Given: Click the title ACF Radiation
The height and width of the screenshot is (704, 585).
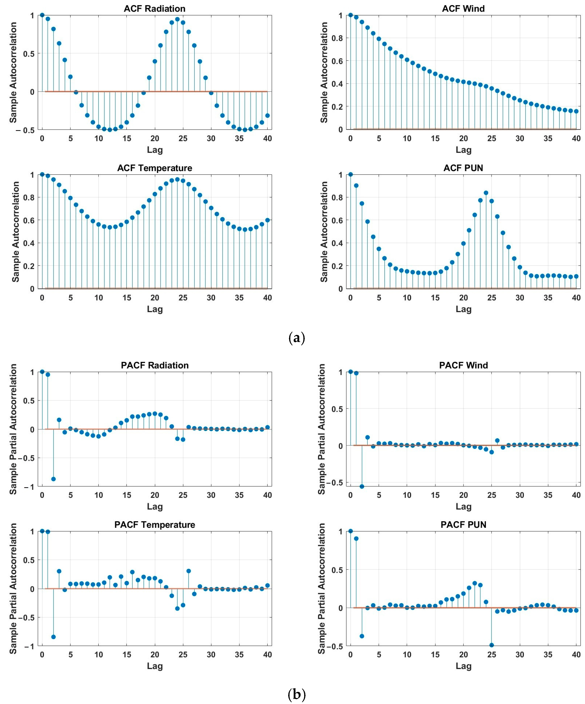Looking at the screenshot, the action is [154, 9].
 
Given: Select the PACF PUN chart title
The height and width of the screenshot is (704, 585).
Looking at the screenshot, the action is [463, 525].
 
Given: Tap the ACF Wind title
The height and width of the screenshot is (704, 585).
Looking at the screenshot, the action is [463, 9].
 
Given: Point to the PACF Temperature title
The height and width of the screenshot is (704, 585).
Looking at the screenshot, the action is [154, 525].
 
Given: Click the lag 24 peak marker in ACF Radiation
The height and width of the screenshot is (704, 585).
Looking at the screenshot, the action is [177, 19].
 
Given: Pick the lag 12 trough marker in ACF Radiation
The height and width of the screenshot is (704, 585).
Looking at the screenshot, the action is [110, 130].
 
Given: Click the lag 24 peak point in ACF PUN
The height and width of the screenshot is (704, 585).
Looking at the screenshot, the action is [486, 193].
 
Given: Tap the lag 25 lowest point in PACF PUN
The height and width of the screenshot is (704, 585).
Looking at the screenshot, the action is [492, 645].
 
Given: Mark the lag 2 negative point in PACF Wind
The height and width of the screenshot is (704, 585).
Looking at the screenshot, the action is [362, 486].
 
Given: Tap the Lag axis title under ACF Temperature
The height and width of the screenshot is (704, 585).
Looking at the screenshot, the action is [155, 309].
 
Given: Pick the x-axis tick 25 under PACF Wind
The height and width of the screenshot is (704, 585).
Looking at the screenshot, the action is [492, 495].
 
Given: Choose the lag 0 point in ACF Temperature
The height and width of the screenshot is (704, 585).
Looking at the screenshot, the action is [42, 174].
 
